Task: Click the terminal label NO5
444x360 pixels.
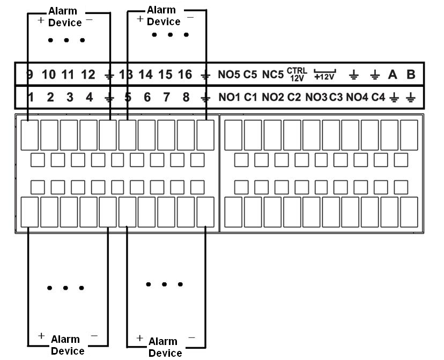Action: [230, 75]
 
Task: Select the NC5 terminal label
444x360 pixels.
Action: [272, 75]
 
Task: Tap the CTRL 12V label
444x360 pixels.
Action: [296, 75]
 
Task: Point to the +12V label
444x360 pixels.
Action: [324, 76]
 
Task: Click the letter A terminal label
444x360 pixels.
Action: [393, 75]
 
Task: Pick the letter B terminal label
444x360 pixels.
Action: [411, 75]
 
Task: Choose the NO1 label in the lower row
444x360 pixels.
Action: [230, 98]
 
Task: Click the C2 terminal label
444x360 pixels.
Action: [294, 98]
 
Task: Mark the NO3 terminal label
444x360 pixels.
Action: [316, 98]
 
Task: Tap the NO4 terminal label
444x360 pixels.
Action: [357, 98]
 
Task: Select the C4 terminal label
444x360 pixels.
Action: [379, 98]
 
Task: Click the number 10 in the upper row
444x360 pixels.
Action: [49, 75]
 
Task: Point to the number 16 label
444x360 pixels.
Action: [184, 75]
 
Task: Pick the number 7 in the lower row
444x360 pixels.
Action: [167, 98]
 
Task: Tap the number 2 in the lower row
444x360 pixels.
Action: [50, 98]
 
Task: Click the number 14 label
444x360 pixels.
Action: [145, 75]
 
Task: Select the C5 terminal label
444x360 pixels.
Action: [250, 75]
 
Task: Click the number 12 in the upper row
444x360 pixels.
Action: [88, 75]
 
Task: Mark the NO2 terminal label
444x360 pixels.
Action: [273, 98]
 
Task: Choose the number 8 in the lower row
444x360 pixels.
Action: [186, 98]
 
